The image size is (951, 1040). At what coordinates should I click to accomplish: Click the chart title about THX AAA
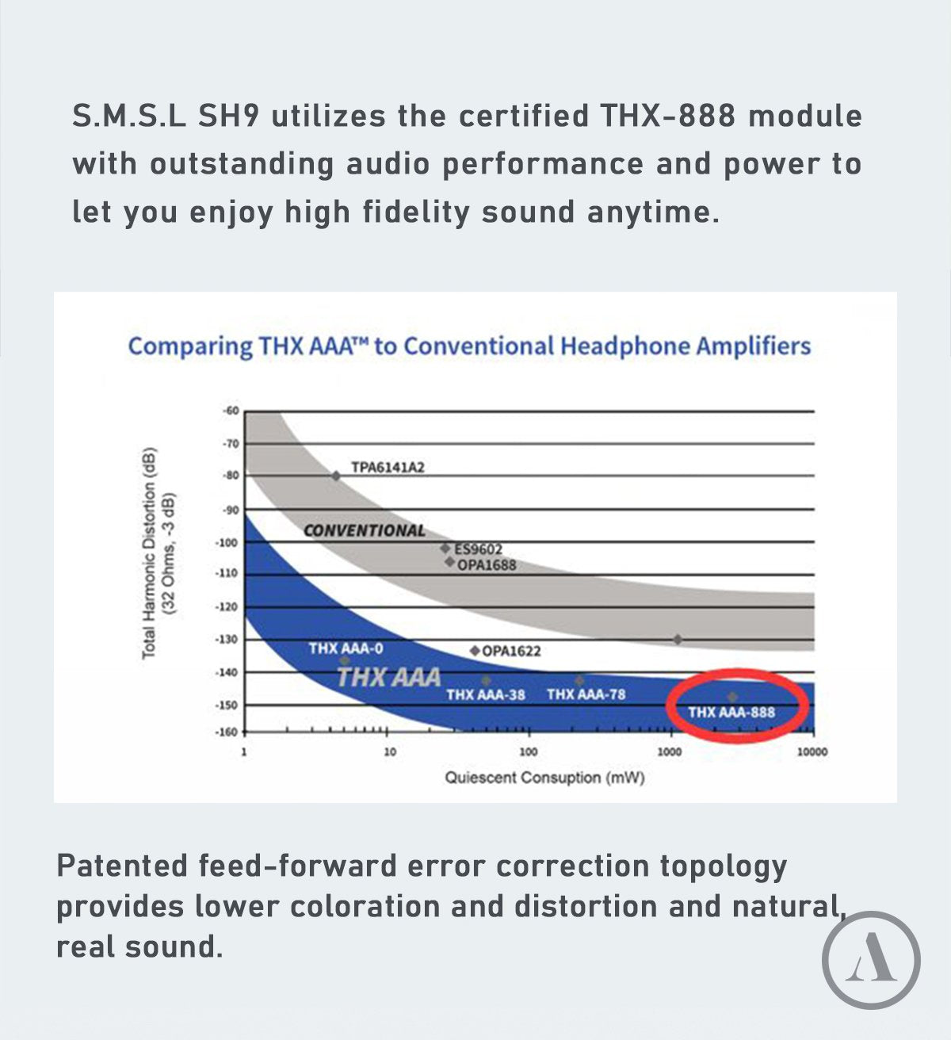pyautogui.click(x=469, y=346)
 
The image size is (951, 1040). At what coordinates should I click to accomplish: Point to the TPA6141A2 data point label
pyautogui.click(x=388, y=467)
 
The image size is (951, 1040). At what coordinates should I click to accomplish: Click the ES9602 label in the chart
pyautogui.click(x=478, y=549)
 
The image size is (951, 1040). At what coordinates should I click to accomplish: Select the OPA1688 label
pyautogui.click(x=487, y=564)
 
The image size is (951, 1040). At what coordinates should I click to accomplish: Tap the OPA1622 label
pyautogui.click(x=511, y=651)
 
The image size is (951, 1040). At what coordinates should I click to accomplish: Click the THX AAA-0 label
pyautogui.click(x=346, y=648)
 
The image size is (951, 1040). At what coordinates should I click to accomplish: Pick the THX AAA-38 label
pyautogui.click(x=485, y=694)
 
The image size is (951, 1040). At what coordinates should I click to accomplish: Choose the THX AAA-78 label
pyautogui.click(x=586, y=694)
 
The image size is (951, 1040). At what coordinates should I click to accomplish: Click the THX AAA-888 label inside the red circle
pyautogui.click(x=731, y=712)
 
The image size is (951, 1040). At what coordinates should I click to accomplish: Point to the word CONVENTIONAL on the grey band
pyautogui.click(x=364, y=530)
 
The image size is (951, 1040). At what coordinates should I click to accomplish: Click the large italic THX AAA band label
pyautogui.click(x=388, y=678)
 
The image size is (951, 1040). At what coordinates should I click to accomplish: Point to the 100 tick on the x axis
pyautogui.click(x=528, y=751)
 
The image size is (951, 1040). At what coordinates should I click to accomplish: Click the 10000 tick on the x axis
pyautogui.click(x=812, y=751)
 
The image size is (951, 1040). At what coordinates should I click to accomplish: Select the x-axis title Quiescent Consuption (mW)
pyautogui.click(x=544, y=778)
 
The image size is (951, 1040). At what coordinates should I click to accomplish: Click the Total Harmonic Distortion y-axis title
pyautogui.click(x=150, y=552)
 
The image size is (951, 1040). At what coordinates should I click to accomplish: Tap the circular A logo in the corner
pyautogui.click(x=871, y=959)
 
